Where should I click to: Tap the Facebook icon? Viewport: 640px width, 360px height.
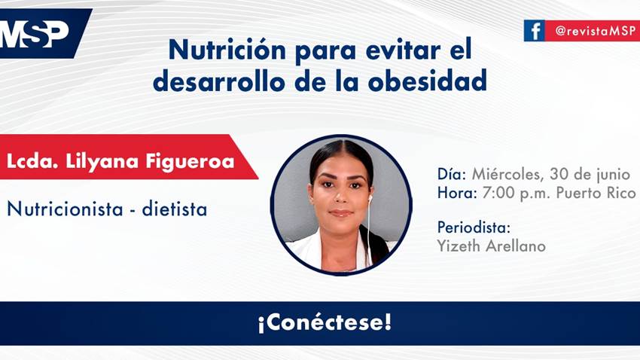(534, 31)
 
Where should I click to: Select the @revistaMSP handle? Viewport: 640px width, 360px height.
(592, 31)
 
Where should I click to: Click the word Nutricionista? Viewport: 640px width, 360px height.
(64, 209)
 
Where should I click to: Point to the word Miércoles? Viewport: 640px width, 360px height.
(506, 174)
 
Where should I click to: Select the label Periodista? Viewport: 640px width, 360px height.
(474, 227)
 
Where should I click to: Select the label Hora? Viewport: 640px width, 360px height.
(456, 193)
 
